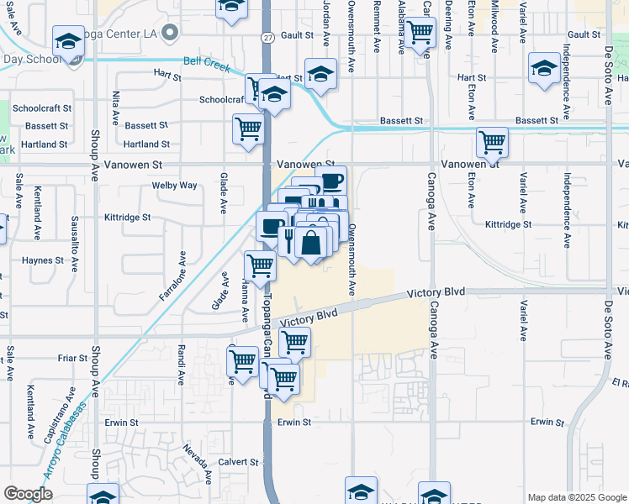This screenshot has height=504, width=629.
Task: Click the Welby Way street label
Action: pyautogui.click(x=174, y=185)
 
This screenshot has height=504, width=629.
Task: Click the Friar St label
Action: pyautogui.click(x=73, y=358)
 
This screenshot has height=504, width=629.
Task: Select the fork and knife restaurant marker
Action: pyautogui.click(x=288, y=239)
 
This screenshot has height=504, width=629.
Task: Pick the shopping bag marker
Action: pyautogui.click(x=311, y=243)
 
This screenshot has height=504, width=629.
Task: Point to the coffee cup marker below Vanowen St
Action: pyautogui.click(x=331, y=179)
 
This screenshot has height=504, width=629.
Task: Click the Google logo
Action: pyautogui.click(x=28, y=494)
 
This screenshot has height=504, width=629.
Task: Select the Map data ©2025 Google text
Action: pyautogui.click(x=577, y=497)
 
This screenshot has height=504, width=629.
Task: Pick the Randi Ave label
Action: pyautogui.click(x=181, y=365)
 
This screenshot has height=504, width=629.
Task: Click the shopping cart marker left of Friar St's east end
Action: pyautogui.click(x=242, y=361)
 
